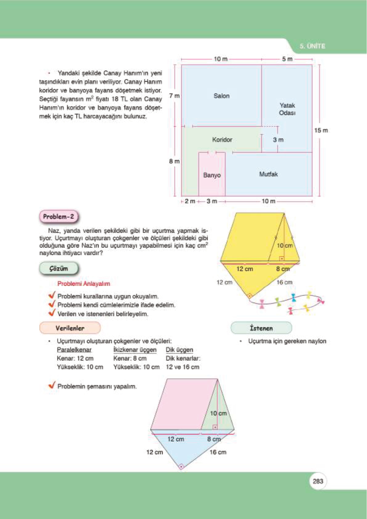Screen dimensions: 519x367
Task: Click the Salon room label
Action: coord(221,96)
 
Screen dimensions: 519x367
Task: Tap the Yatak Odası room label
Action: coord(287,109)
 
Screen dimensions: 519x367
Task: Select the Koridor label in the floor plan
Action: coord(222,140)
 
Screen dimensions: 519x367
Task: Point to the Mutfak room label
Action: coord(268,174)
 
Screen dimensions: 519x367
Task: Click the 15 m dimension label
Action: coord(321,130)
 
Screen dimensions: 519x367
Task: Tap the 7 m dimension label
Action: coord(174,96)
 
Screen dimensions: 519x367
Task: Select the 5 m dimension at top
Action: coord(287,59)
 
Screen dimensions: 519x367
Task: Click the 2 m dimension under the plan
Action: coord(190,201)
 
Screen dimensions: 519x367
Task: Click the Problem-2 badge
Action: coord(59,217)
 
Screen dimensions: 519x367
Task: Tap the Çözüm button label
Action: coord(59,268)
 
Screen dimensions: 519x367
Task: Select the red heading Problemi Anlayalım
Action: coord(84,284)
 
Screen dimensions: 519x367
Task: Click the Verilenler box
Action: coord(70,328)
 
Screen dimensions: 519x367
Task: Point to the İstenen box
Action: coord(261,328)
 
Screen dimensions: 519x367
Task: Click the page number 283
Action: coord(318,481)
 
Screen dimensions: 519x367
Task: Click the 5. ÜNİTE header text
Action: coord(312,46)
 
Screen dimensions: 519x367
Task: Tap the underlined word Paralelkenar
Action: coord(74,350)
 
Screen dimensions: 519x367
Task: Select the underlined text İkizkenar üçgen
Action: coord(135,350)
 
